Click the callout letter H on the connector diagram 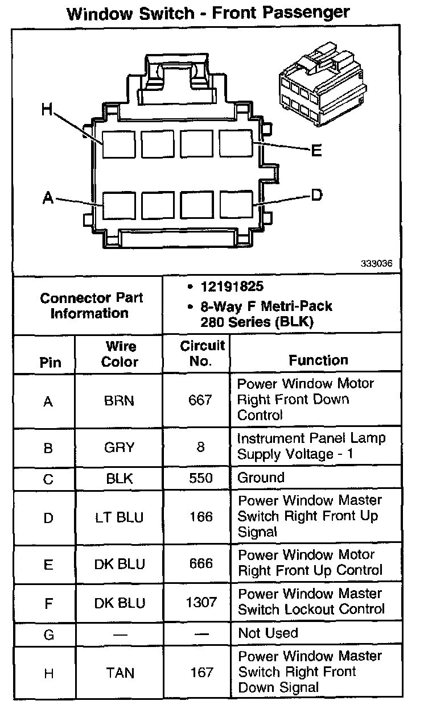pyautogui.click(x=47, y=109)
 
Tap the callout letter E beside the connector pyautogui.click(x=316, y=151)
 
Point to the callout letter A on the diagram pyautogui.click(x=48, y=198)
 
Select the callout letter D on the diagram pyautogui.click(x=317, y=196)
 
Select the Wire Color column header pyautogui.click(x=120, y=354)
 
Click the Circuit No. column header pyautogui.click(x=202, y=353)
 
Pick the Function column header pyautogui.click(x=318, y=360)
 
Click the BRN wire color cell pyautogui.click(x=119, y=401)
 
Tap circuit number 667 pyautogui.click(x=200, y=401)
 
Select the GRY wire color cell pyautogui.click(x=119, y=447)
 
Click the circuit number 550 pyautogui.click(x=200, y=478)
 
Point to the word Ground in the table pyautogui.click(x=261, y=478)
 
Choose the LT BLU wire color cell pyautogui.click(x=119, y=517)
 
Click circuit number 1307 pyautogui.click(x=201, y=602)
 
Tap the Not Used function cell pyautogui.click(x=267, y=633)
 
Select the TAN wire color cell pyautogui.click(x=120, y=673)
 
